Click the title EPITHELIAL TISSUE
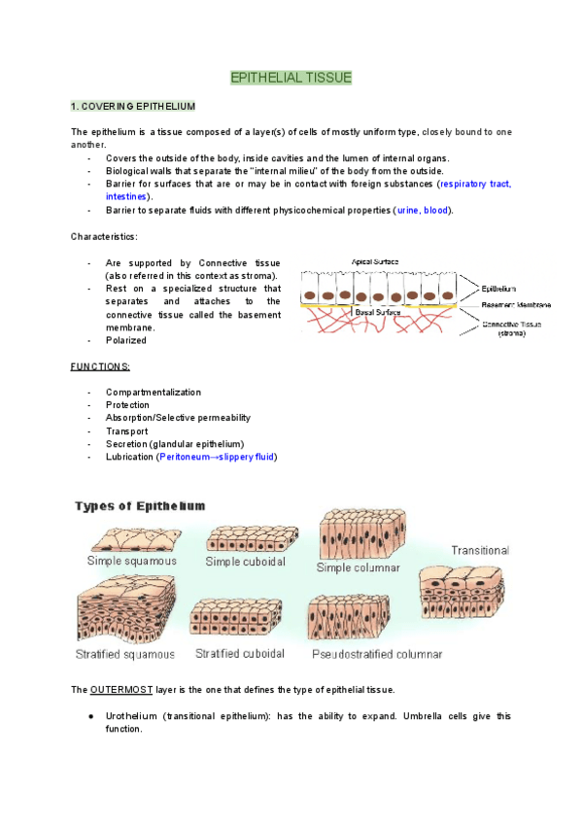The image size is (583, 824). [291, 78]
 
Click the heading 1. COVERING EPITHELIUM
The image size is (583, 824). [133, 105]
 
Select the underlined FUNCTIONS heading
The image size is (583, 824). [100, 366]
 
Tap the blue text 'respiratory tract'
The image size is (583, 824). [476, 184]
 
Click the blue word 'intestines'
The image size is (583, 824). [126, 196]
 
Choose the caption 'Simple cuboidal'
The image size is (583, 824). [244, 561]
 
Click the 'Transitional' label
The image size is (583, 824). [479, 550]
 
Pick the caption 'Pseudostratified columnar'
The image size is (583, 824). [377, 654]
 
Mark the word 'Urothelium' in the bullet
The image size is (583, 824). [131, 716]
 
